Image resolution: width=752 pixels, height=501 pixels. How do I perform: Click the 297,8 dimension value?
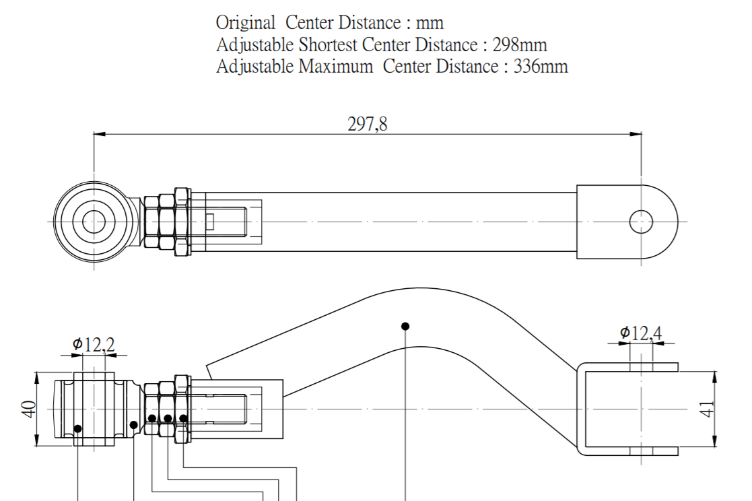[x=368, y=125]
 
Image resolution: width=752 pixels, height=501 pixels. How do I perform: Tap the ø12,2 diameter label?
[x=94, y=343]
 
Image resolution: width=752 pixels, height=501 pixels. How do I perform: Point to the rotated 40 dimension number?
[x=29, y=409]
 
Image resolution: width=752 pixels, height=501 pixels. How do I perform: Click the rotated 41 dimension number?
[x=708, y=409]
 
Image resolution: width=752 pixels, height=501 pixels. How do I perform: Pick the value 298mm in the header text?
[x=520, y=44]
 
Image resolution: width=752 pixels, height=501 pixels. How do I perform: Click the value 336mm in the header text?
[x=541, y=66]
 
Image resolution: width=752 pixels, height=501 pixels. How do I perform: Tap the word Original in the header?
[x=246, y=23]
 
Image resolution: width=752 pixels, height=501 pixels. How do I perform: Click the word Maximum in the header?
[x=335, y=66]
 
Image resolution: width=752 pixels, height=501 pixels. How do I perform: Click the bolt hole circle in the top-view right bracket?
[x=641, y=222]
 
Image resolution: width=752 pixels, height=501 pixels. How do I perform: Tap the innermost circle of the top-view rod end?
[x=94, y=222]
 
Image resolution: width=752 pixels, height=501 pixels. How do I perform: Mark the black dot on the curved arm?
[x=405, y=327]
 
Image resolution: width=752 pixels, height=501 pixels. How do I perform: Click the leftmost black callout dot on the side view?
[x=77, y=428]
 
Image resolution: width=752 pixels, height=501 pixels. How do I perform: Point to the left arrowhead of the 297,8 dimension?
[x=99, y=134]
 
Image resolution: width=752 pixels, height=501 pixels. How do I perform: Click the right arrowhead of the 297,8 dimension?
[x=636, y=134]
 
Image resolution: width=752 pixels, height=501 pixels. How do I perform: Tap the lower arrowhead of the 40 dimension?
[x=37, y=440]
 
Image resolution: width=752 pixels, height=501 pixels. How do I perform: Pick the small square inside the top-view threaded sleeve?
[x=209, y=222]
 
